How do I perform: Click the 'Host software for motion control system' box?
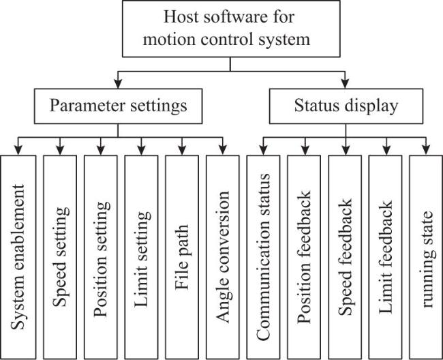click(x=231, y=29)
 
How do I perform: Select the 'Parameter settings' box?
click(x=119, y=106)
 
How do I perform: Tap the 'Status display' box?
click(x=346, y=106)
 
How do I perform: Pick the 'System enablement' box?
click(x=18, y=257)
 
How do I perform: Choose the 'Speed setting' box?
click(x=60, y=257)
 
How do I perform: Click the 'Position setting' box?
click(x=101, y=257)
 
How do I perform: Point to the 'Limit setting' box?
click(x=141, y=257)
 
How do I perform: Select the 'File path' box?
click(x=182, y=257)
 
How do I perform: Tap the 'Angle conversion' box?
click(x=223, y=257)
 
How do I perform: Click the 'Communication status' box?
click(x=263, y=257)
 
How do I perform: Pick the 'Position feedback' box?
click(x=304, y=257)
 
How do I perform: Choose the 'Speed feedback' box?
click(x=345, y=257)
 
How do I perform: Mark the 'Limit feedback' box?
click(x=385, y=257)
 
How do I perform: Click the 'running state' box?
click(x=426, y=257)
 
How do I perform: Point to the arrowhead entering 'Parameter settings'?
click(x=118, y=84)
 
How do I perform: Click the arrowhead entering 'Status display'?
click(x=345, y=84)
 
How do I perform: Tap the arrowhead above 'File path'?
click(x=182, y=150)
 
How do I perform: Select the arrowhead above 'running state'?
click(x=426, y=150)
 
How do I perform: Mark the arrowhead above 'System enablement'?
click(x=18, y=150)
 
